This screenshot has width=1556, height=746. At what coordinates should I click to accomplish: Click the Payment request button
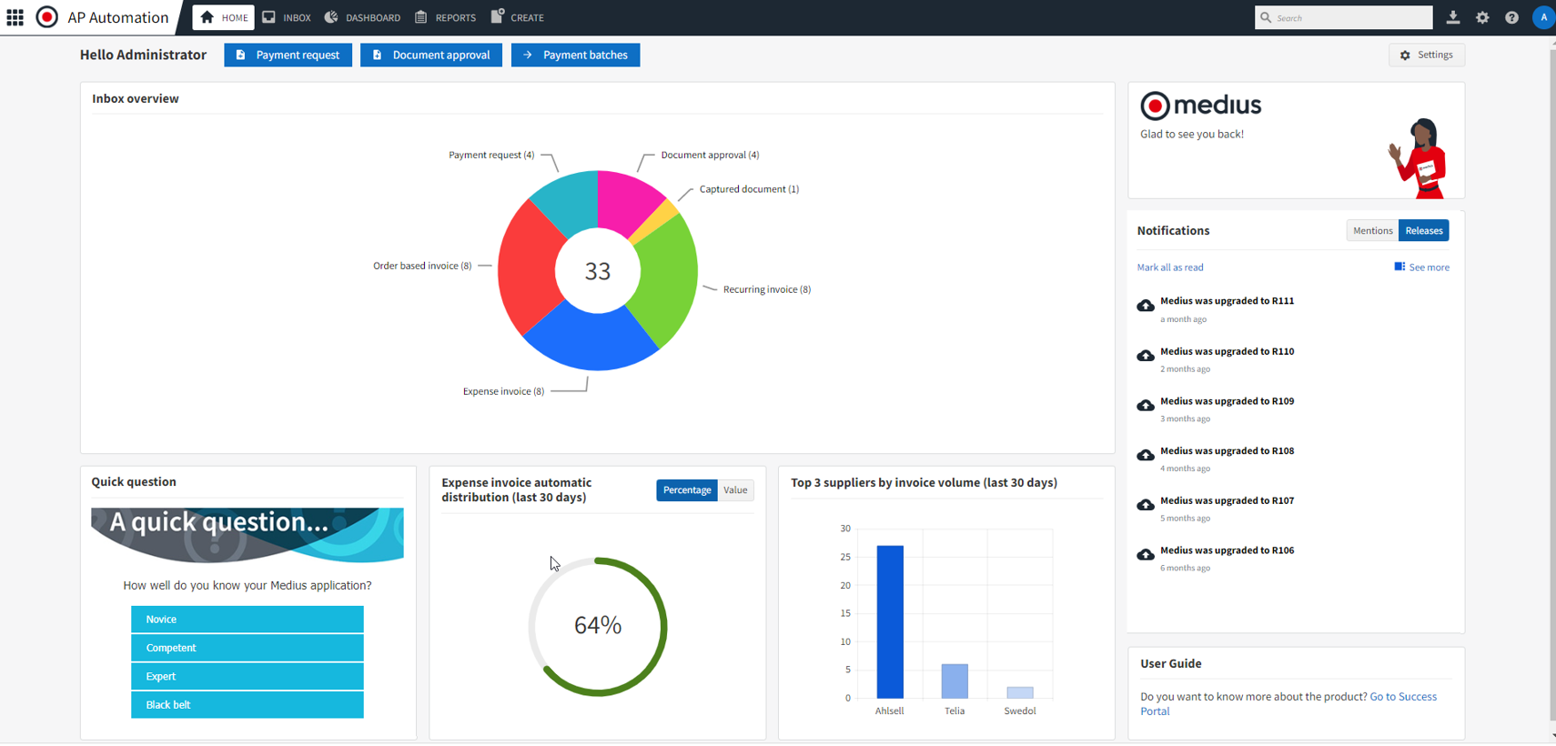tap(288, 55)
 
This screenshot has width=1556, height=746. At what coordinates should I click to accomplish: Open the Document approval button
tap(430, 55)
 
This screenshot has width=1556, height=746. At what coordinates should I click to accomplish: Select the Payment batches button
tap(575, 55)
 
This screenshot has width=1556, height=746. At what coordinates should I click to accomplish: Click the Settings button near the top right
tap(1426, 55)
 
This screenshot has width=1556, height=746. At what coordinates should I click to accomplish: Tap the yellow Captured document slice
tap(667, 217)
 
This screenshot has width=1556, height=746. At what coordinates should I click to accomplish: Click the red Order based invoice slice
tap(527, 268)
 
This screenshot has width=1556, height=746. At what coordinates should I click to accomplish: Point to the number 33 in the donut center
tap(598, 271)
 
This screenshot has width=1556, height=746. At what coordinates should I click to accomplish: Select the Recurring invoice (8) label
tap(766, 289)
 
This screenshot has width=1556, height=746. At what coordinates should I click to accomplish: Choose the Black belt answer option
tap(247, 705)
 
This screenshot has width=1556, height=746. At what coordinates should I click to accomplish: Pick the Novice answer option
tap(247, 620)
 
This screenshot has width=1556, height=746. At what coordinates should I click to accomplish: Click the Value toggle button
tap(735, 490)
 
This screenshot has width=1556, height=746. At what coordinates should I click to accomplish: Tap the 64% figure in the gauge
tap(598, 626)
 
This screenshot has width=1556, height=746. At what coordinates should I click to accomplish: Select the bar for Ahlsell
tap(889, 622)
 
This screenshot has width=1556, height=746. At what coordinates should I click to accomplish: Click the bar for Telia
tap(955, 681)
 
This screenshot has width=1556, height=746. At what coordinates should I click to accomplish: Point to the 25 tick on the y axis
tap(845, 557)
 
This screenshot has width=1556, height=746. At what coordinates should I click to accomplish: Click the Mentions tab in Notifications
tap(1372, 231)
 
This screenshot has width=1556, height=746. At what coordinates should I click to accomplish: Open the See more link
tap(1428, 267)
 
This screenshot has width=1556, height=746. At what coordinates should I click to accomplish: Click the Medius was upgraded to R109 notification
tap(1227, 401)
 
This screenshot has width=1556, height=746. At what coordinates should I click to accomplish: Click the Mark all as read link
tap(1169, 267)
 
